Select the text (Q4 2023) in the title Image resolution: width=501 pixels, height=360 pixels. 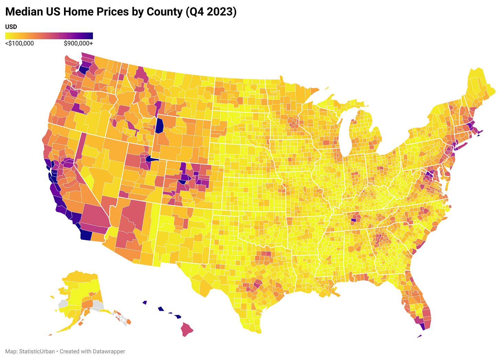tap(211, 12)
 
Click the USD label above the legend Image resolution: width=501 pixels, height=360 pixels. tap(11, 27)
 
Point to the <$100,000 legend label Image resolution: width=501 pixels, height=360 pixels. tap(20, 43)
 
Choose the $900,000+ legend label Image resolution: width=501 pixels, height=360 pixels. tap(78, 43)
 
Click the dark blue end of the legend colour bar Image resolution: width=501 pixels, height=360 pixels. tap(90, 36)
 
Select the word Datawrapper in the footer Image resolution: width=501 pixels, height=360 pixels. tap(109, 351)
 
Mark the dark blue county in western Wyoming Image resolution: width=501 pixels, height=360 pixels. tap(159, 126)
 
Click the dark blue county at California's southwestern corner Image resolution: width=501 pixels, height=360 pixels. tap(86, 235)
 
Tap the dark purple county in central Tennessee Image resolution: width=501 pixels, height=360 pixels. tap(353, 220)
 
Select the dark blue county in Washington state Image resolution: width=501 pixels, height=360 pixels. tap(83, 70)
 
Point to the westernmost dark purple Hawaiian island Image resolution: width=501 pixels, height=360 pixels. tap(145, 302)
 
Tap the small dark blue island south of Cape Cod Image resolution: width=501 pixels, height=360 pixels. tap(479, 135)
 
